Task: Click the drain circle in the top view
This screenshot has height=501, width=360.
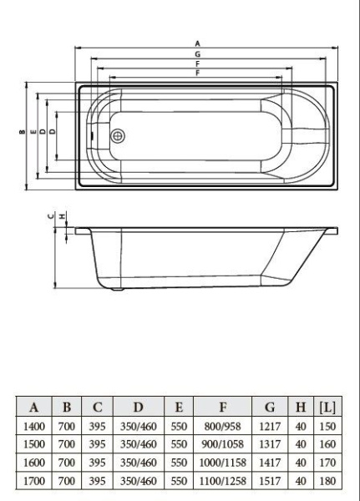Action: [118, 134]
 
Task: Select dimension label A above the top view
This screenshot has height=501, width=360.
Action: [197, 43]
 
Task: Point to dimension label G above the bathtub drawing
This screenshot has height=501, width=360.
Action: [197, 53]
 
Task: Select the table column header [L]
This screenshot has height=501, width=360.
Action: [327, 407]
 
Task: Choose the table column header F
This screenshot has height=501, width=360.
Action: [223, 407]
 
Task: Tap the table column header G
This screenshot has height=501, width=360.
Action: [269, 407]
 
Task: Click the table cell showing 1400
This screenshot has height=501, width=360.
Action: [34, 426]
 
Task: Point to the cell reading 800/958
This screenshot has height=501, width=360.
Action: [223, 426]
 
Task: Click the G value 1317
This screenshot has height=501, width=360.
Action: [269, 444]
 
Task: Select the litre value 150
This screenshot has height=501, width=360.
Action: [327, 426]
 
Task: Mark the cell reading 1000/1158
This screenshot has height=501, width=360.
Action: [223, 462]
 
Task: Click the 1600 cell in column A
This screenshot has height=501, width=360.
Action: [34, 462]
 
